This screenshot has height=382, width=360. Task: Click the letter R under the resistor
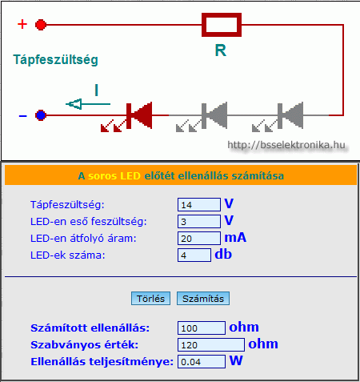(221, 50)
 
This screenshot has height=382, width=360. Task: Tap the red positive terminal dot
(41, 25)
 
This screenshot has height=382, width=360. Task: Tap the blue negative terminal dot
(41, 115)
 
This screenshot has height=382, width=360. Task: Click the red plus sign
(22, 24)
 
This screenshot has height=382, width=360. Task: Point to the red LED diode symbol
(139, 115)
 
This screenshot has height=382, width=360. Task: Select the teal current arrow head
(74, 104)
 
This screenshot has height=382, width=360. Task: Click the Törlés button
(150, 299)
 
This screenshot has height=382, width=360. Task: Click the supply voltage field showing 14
(199, 205)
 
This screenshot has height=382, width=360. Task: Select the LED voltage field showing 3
(199, 222)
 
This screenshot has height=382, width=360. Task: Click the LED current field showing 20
(199, 239)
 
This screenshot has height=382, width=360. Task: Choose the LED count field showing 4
(194, 255)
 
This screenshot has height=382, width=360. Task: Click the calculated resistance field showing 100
(202, 328)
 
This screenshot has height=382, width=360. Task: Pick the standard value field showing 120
(211, 345)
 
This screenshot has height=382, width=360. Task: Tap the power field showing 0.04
(202, 362)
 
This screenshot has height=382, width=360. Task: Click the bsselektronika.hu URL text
(286, 145)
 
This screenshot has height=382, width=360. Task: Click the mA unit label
(235, 238)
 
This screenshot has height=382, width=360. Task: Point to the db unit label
(223, 254)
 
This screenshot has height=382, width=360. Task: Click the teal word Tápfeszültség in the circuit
(55, 60)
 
